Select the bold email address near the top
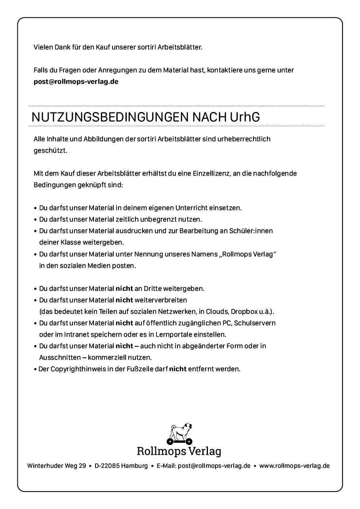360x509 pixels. [76, 82]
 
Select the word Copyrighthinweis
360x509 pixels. [75, 369]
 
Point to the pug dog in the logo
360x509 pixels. [181, 432]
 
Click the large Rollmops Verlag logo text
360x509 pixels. [179, 451]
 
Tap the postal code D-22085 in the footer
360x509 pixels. [107, 466]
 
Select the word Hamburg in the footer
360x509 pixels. [135, 466]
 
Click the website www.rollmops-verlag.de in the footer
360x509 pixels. [294, 466]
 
